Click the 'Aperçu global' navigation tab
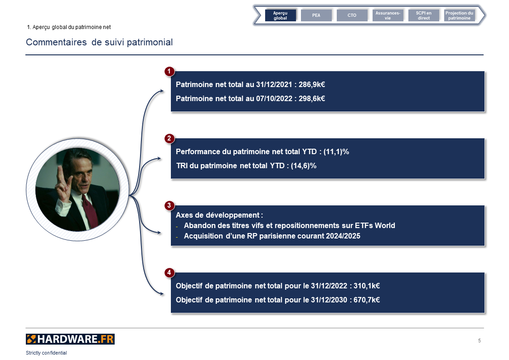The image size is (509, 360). coord(281,15)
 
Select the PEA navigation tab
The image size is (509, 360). coord(316,15)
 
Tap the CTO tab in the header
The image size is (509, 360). coord(352,15)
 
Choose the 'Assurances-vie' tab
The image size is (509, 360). coord(388,15)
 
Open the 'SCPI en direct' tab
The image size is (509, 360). coord(424,15)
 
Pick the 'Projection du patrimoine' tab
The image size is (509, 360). coord(459,15)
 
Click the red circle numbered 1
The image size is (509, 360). coord(169,72)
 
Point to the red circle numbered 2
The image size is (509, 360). coord(169,139)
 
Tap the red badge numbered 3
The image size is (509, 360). coord(169,205)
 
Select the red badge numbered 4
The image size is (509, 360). coord(169,272)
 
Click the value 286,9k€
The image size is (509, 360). coord(312,85)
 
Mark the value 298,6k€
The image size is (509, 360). coord(312,99)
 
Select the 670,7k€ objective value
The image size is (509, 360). coord(367,300)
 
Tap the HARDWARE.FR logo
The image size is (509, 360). coord(70,339)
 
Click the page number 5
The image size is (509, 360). coord(480,341)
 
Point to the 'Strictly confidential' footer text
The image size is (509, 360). coord(46,353)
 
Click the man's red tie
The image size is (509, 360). coord(90,211)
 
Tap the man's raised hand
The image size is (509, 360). coord(63,185)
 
